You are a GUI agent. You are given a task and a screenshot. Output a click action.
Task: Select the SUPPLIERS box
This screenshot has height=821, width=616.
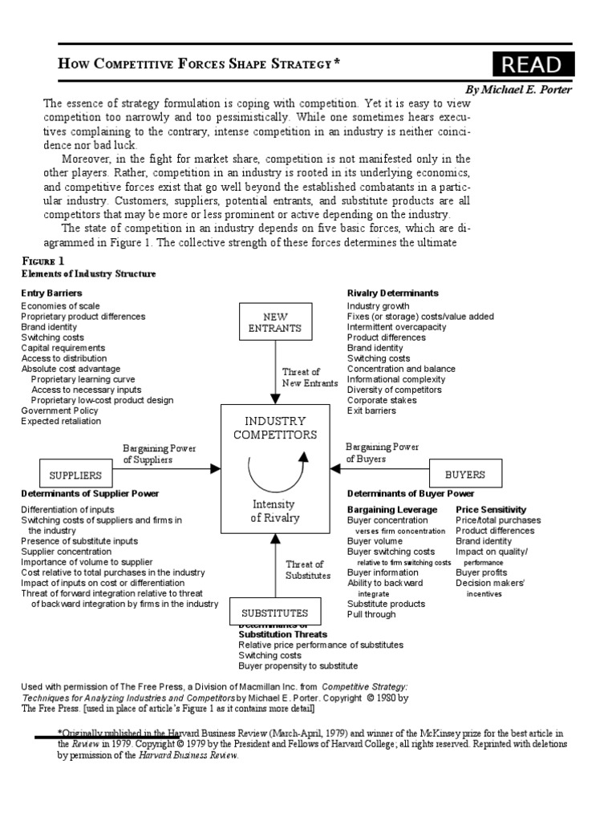[x=75, y=475]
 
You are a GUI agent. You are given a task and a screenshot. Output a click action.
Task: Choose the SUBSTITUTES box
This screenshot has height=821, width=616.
[x=275, y=613]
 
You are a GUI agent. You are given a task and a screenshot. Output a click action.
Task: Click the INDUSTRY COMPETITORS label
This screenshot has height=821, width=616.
[x=275, y=427]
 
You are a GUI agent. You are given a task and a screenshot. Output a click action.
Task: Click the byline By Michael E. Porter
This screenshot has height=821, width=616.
[x=518, y=89]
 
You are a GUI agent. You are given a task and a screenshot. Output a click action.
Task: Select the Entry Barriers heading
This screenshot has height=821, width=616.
[x=51, y=293]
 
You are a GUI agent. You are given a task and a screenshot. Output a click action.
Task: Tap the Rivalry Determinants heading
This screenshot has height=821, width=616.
[x=392, y=293]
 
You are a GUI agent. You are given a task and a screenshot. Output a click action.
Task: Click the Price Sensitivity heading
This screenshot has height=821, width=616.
[x=491, y=509]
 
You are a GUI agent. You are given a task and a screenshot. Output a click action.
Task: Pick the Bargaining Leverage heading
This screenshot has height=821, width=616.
[x=394, y=509]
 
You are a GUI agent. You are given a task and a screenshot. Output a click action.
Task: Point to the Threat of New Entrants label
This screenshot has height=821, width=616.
[x=301, y=378]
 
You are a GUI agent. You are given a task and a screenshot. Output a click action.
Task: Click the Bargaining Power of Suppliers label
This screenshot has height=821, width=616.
[x=159, y=454]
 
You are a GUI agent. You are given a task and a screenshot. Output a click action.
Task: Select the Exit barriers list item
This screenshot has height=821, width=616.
[x=371, y=410]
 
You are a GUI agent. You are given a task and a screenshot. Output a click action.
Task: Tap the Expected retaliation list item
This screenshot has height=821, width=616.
[x=61, y=421]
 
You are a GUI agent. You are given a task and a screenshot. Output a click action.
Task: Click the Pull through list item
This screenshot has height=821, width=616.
[x=371, y=614]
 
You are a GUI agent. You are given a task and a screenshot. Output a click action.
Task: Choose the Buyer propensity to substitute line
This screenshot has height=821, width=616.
[x=298, y=665]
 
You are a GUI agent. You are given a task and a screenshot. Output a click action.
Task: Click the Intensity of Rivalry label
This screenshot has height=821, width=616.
[x=275, y=511]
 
